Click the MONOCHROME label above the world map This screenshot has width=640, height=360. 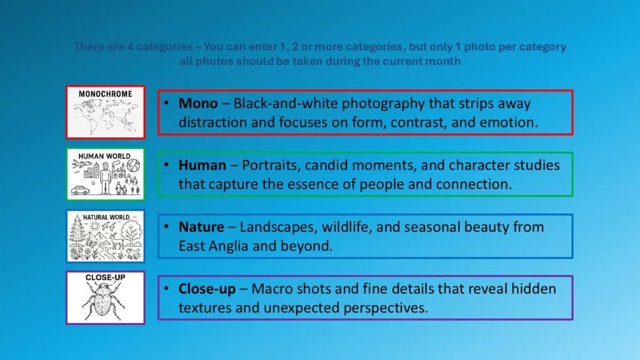[x=105, y=94]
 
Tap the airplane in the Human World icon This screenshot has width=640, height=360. [x=82, y=164]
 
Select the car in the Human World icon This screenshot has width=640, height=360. [x=80, y=190]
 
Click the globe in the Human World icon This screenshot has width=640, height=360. [x=133, y=165]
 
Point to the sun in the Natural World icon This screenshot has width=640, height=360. [x=95, y=226]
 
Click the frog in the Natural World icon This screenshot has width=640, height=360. [x=132, y=254]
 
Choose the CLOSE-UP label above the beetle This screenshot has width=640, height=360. [x=105, y=277]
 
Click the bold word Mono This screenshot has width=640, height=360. [x=198, y=103]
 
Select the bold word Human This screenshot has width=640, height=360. [x=202, y=165]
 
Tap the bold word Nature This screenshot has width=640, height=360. [x=201, y=227]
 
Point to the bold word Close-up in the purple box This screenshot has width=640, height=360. [x=207, y=289]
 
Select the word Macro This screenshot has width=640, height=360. [x=272, y=289]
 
